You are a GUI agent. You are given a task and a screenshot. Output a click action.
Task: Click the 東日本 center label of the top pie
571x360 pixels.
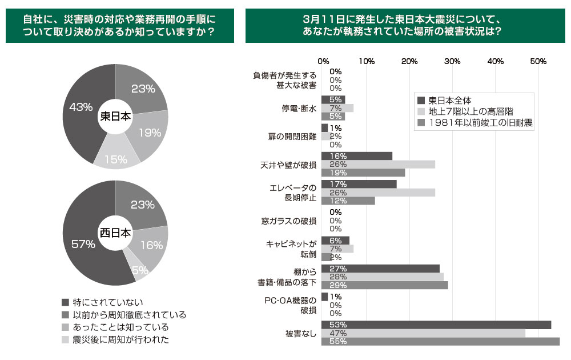point(115,116)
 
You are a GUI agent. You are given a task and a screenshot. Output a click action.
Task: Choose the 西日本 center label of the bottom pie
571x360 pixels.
point(115,233)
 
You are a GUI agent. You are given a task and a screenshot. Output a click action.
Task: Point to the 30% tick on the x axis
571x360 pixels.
point(452,61)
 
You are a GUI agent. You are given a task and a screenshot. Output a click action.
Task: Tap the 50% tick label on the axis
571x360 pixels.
point(538,61)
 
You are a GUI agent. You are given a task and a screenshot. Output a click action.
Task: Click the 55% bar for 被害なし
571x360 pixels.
point(440,342)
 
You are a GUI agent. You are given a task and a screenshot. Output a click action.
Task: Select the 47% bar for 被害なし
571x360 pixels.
point(423,333)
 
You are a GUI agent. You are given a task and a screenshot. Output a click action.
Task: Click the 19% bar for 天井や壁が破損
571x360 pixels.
point(363,173)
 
